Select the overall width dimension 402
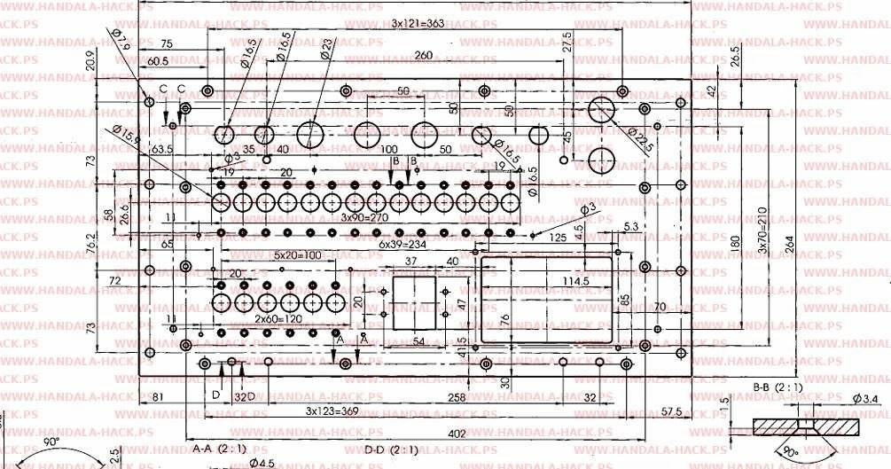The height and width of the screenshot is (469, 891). coord(456,433)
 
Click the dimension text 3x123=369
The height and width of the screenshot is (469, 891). coord(332,411)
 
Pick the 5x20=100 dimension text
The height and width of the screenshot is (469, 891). coord(299,255)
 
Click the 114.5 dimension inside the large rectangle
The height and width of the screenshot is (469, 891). coord(550,281)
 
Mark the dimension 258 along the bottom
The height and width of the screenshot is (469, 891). coord(456,398)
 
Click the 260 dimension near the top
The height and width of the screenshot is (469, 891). coord(424,56)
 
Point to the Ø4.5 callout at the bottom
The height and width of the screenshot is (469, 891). coord(262,463)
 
